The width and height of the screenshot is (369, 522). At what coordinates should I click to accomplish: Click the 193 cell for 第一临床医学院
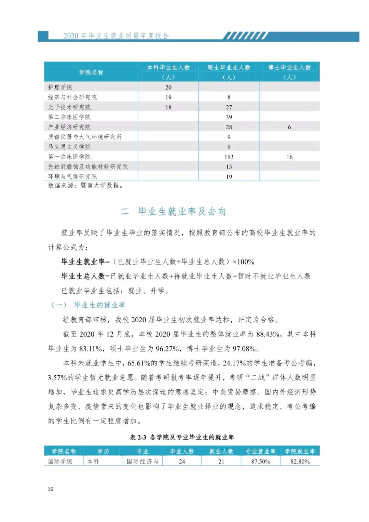[x=229, y=157]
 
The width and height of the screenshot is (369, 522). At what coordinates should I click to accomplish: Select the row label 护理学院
[x=60, y=88]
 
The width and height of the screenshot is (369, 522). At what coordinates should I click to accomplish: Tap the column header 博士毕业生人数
[x=289, y=68]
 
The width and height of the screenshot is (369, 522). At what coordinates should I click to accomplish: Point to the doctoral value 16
[x=289, y=157]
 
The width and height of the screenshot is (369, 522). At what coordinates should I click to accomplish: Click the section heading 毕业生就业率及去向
[x=182, y=212]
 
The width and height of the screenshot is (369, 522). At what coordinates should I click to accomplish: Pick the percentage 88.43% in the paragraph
[x=269, y=334]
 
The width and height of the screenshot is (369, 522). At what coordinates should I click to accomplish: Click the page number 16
[x=51, y=489]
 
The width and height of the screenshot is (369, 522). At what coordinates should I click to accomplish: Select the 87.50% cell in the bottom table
[x=261, y=461]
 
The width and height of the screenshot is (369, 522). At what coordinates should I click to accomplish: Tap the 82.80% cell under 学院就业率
[x=300, y=461]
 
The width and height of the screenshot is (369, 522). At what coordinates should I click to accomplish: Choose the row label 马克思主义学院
[x=69, y=147]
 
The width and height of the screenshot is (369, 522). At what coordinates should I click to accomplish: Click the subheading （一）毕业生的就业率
[x=88, y=305]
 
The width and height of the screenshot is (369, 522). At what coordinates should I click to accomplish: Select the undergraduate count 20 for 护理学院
[x=168, y=88]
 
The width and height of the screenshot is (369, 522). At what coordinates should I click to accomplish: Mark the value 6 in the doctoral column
[x=289, y=127]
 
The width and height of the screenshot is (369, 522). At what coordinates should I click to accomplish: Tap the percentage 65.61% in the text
[x=139, y=363]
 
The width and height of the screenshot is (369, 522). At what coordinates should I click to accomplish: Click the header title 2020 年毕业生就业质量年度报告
[x=116, y=36]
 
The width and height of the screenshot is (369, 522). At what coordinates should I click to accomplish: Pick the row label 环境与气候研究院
[x=72, y=177]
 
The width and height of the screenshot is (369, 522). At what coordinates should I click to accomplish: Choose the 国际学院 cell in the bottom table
[x=60, y=461]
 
